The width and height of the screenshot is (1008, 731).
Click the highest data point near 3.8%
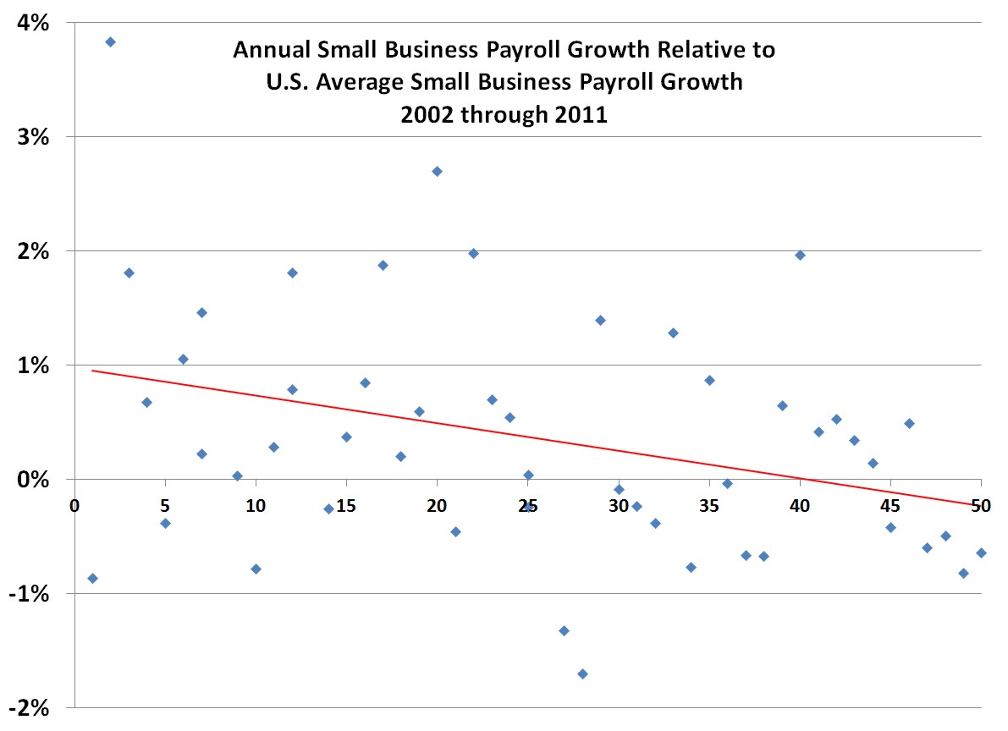click(110, 41)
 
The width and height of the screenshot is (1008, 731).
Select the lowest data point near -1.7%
click(582, 673)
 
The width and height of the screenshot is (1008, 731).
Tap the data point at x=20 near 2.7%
click(437, 171)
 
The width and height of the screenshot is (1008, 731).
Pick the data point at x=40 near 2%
click(800, 255)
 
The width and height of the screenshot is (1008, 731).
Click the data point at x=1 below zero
click(92, 578)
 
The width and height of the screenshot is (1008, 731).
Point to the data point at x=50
click(981, 552)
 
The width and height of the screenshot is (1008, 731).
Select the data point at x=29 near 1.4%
click(600, 320)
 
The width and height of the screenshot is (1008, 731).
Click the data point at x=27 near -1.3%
click(564, 630)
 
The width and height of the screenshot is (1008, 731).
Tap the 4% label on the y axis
click(35, 23)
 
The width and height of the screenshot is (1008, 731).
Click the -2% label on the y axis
click(31, 708)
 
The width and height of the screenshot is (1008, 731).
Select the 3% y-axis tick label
click(35, 137)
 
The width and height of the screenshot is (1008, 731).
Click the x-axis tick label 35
click(709, 506)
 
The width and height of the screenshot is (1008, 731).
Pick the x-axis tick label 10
click(256, 506)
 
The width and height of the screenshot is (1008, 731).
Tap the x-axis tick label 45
click(890, 506)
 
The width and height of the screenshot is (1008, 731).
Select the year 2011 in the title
click(580, 114)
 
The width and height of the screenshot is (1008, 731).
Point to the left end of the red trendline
click(92, 370)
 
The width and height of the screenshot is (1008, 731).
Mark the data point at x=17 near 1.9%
click(383, 265)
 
